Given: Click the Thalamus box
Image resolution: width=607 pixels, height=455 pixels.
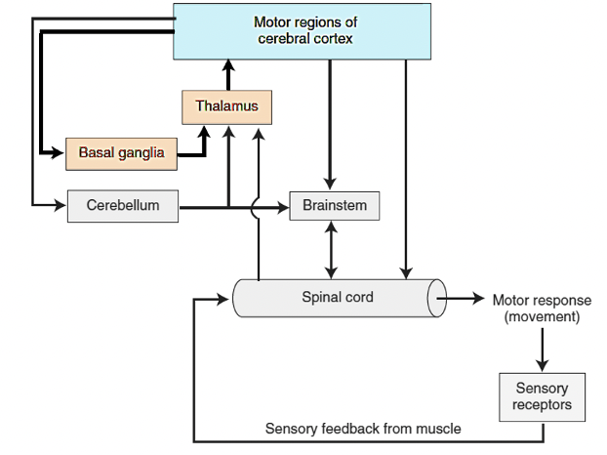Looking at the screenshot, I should [226, 106].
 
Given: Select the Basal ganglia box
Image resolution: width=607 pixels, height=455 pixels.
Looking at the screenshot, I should [121, 153].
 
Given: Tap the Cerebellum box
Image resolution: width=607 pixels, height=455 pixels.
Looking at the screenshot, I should [123, 206].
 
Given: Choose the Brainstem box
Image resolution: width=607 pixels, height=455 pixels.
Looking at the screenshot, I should [334, 206].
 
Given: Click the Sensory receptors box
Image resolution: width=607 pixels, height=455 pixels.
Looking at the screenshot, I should [542, 396].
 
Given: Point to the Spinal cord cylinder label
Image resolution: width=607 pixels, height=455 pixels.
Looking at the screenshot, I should [338, 297].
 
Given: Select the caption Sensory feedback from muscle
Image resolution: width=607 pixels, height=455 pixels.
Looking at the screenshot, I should [363, 429].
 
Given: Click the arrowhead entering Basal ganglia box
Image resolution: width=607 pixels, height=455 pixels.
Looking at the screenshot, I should [60, 153].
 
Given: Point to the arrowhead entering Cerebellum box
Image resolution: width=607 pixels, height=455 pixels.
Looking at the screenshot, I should [61, 206].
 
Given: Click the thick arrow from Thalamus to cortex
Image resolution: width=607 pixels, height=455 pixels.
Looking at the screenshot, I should [226, 73].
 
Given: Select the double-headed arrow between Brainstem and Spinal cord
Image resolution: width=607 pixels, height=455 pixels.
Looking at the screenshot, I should [334, 249].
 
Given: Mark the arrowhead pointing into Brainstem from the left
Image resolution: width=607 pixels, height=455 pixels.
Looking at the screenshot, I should [283, 206].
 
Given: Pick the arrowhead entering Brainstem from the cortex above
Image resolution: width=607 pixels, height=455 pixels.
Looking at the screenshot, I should [331, 185].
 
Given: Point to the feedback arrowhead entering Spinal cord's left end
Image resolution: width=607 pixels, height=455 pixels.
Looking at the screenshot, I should [226, 298].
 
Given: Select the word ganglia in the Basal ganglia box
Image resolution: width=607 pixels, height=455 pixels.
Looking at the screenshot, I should [143, 153].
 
